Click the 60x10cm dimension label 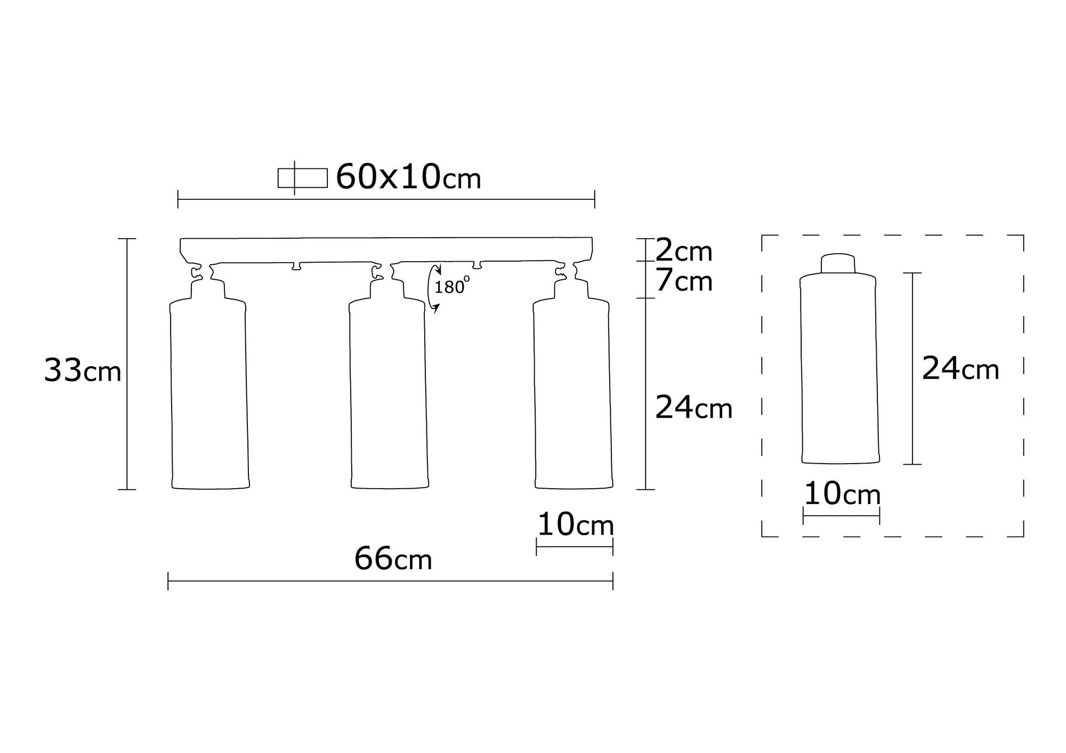coord(408,177)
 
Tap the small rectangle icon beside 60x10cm coord(302,178)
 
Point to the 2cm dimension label coord(683,250)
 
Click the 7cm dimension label coord(684,281)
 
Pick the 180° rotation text coord(452,287)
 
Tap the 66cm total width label coord(393,559)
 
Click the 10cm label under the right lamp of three coord(576,524)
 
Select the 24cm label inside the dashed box coord(960,368)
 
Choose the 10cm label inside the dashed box coord(842,494)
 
